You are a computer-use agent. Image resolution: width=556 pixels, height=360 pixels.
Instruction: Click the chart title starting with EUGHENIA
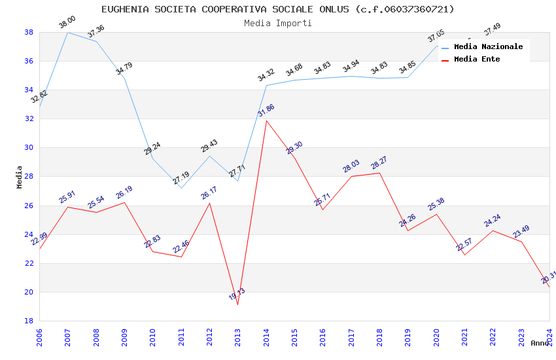[x=277, y=9]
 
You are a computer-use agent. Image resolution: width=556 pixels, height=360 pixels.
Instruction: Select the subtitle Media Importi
[x=277, y=23]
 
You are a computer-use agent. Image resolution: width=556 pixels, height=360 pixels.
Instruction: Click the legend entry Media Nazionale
[x=488, y=46]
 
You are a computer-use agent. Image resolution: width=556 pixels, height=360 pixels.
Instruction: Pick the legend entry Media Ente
[x=477, y=59]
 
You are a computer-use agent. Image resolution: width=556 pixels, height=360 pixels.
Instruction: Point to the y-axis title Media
[x=20, y=177]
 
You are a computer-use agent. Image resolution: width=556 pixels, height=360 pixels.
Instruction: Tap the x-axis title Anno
[x=540, y=343]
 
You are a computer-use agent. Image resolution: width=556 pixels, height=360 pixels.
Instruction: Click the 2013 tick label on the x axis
[x=237, y=336]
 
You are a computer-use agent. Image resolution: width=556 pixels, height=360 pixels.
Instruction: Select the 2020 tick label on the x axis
[x=436, y=336]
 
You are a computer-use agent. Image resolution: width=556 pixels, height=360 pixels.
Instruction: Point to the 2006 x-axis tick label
[x=39, y=336]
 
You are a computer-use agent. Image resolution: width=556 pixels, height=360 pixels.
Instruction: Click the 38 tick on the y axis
[x=29, y=32]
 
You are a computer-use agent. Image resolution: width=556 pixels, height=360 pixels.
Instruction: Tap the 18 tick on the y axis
[x=29, y=321]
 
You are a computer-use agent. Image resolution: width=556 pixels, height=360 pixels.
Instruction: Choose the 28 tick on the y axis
[x=29, y=177]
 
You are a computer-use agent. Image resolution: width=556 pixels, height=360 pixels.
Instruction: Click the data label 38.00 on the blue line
[x=67, y=23]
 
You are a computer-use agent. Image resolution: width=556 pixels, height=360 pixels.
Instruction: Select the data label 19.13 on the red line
[x=237, y=295]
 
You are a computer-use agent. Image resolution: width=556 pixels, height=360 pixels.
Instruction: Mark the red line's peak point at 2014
[x=266, y=120]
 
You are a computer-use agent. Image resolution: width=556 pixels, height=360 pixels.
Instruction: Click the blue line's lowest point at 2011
[x=181, y=188]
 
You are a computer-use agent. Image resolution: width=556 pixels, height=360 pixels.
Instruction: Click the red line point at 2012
[x=209, y=203]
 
